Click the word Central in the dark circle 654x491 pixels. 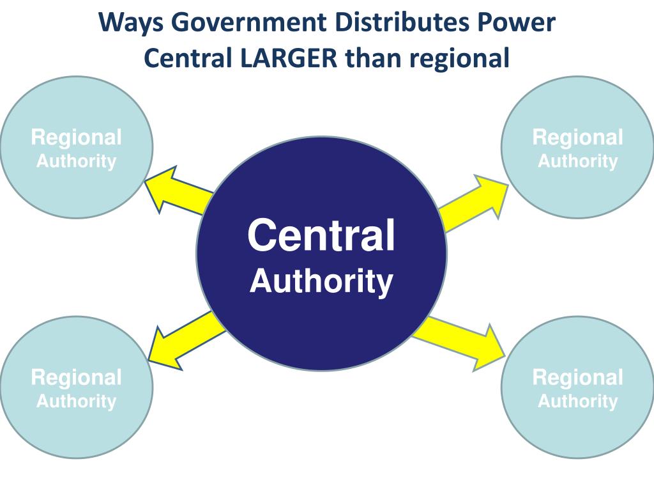(x=321, y=235)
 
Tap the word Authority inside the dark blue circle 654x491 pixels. (x=321, y=281)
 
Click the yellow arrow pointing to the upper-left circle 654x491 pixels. (x=176, y=192)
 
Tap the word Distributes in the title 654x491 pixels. (x=396, y=23)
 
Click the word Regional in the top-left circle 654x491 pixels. (x=76, y=137)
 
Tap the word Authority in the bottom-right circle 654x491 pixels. (x=577, y=401)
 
